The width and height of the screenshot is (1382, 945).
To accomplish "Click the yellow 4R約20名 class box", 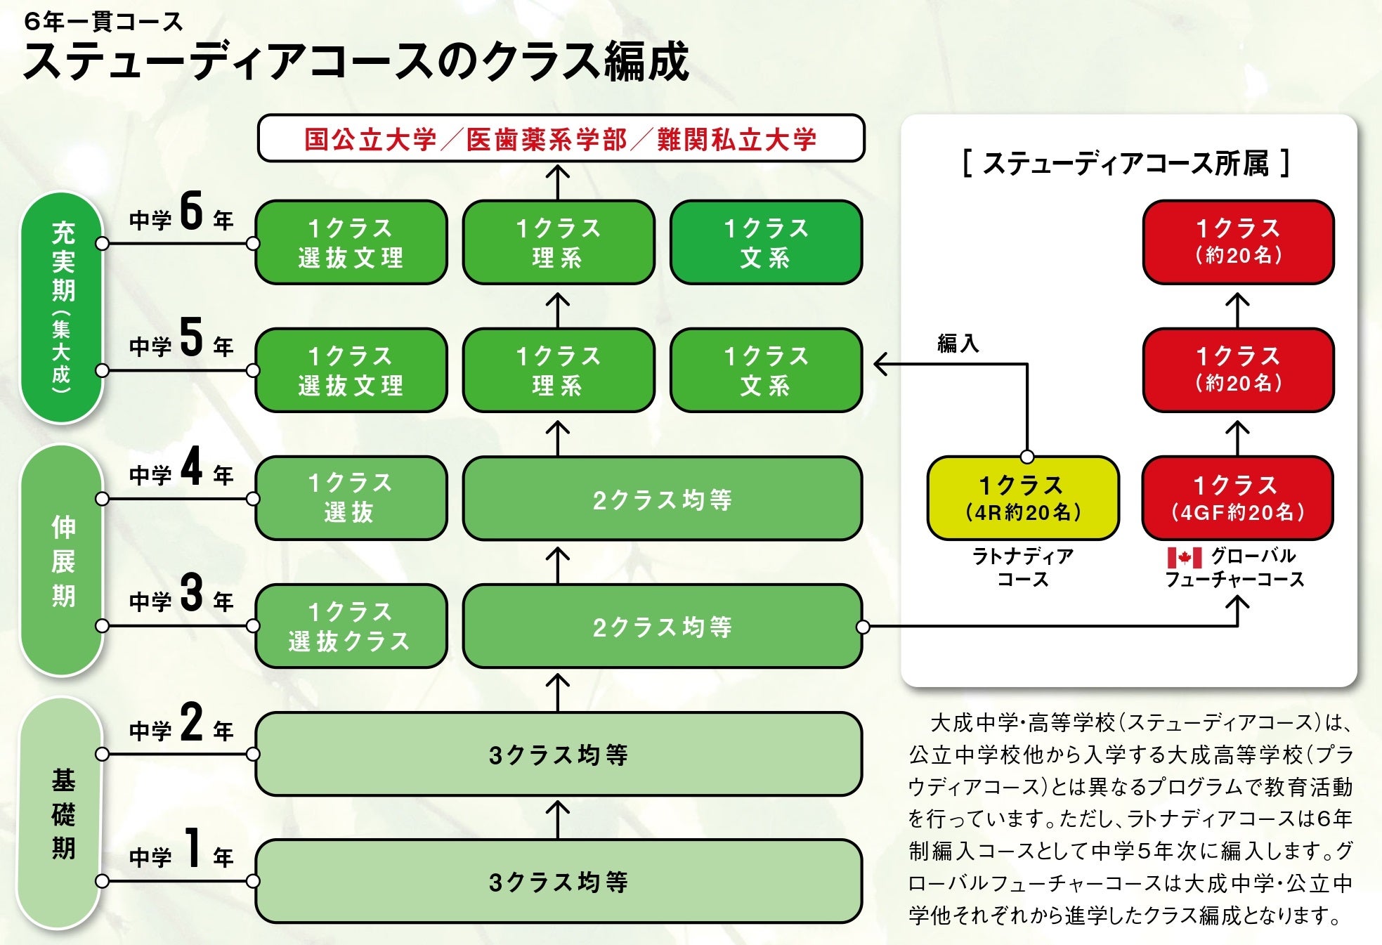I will tap(1023, 498).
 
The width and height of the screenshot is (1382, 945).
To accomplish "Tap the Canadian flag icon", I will tap(1184, 558).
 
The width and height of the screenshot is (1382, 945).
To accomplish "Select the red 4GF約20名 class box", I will tap(1237, 498).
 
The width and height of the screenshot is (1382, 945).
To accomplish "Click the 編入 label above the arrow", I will tap(958, 344).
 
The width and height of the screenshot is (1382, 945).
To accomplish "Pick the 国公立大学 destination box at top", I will tap(561, 138).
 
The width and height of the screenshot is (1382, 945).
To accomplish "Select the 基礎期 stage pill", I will tap(62, 814).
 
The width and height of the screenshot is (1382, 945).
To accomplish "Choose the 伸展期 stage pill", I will tap(62, 561).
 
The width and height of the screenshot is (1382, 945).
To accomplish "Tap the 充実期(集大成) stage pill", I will tap(62, 308).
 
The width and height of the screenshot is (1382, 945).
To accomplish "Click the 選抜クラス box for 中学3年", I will tap(351, 626).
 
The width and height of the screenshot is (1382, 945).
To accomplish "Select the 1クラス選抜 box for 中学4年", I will tap(351, 498).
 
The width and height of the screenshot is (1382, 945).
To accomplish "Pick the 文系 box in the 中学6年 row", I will tap(766, 242).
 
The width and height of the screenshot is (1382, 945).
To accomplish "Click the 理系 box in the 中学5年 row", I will tap(559, 370).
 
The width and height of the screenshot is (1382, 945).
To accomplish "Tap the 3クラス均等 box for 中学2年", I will tap(559, 755).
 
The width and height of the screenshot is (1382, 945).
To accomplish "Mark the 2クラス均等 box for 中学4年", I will tap(662, 498).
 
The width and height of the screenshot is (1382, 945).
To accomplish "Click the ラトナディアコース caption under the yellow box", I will tap(1023, 568).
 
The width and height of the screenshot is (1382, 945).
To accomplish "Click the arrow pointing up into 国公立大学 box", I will tap(558, 181).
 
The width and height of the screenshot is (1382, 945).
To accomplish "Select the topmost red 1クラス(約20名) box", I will tap(1238, 242).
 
